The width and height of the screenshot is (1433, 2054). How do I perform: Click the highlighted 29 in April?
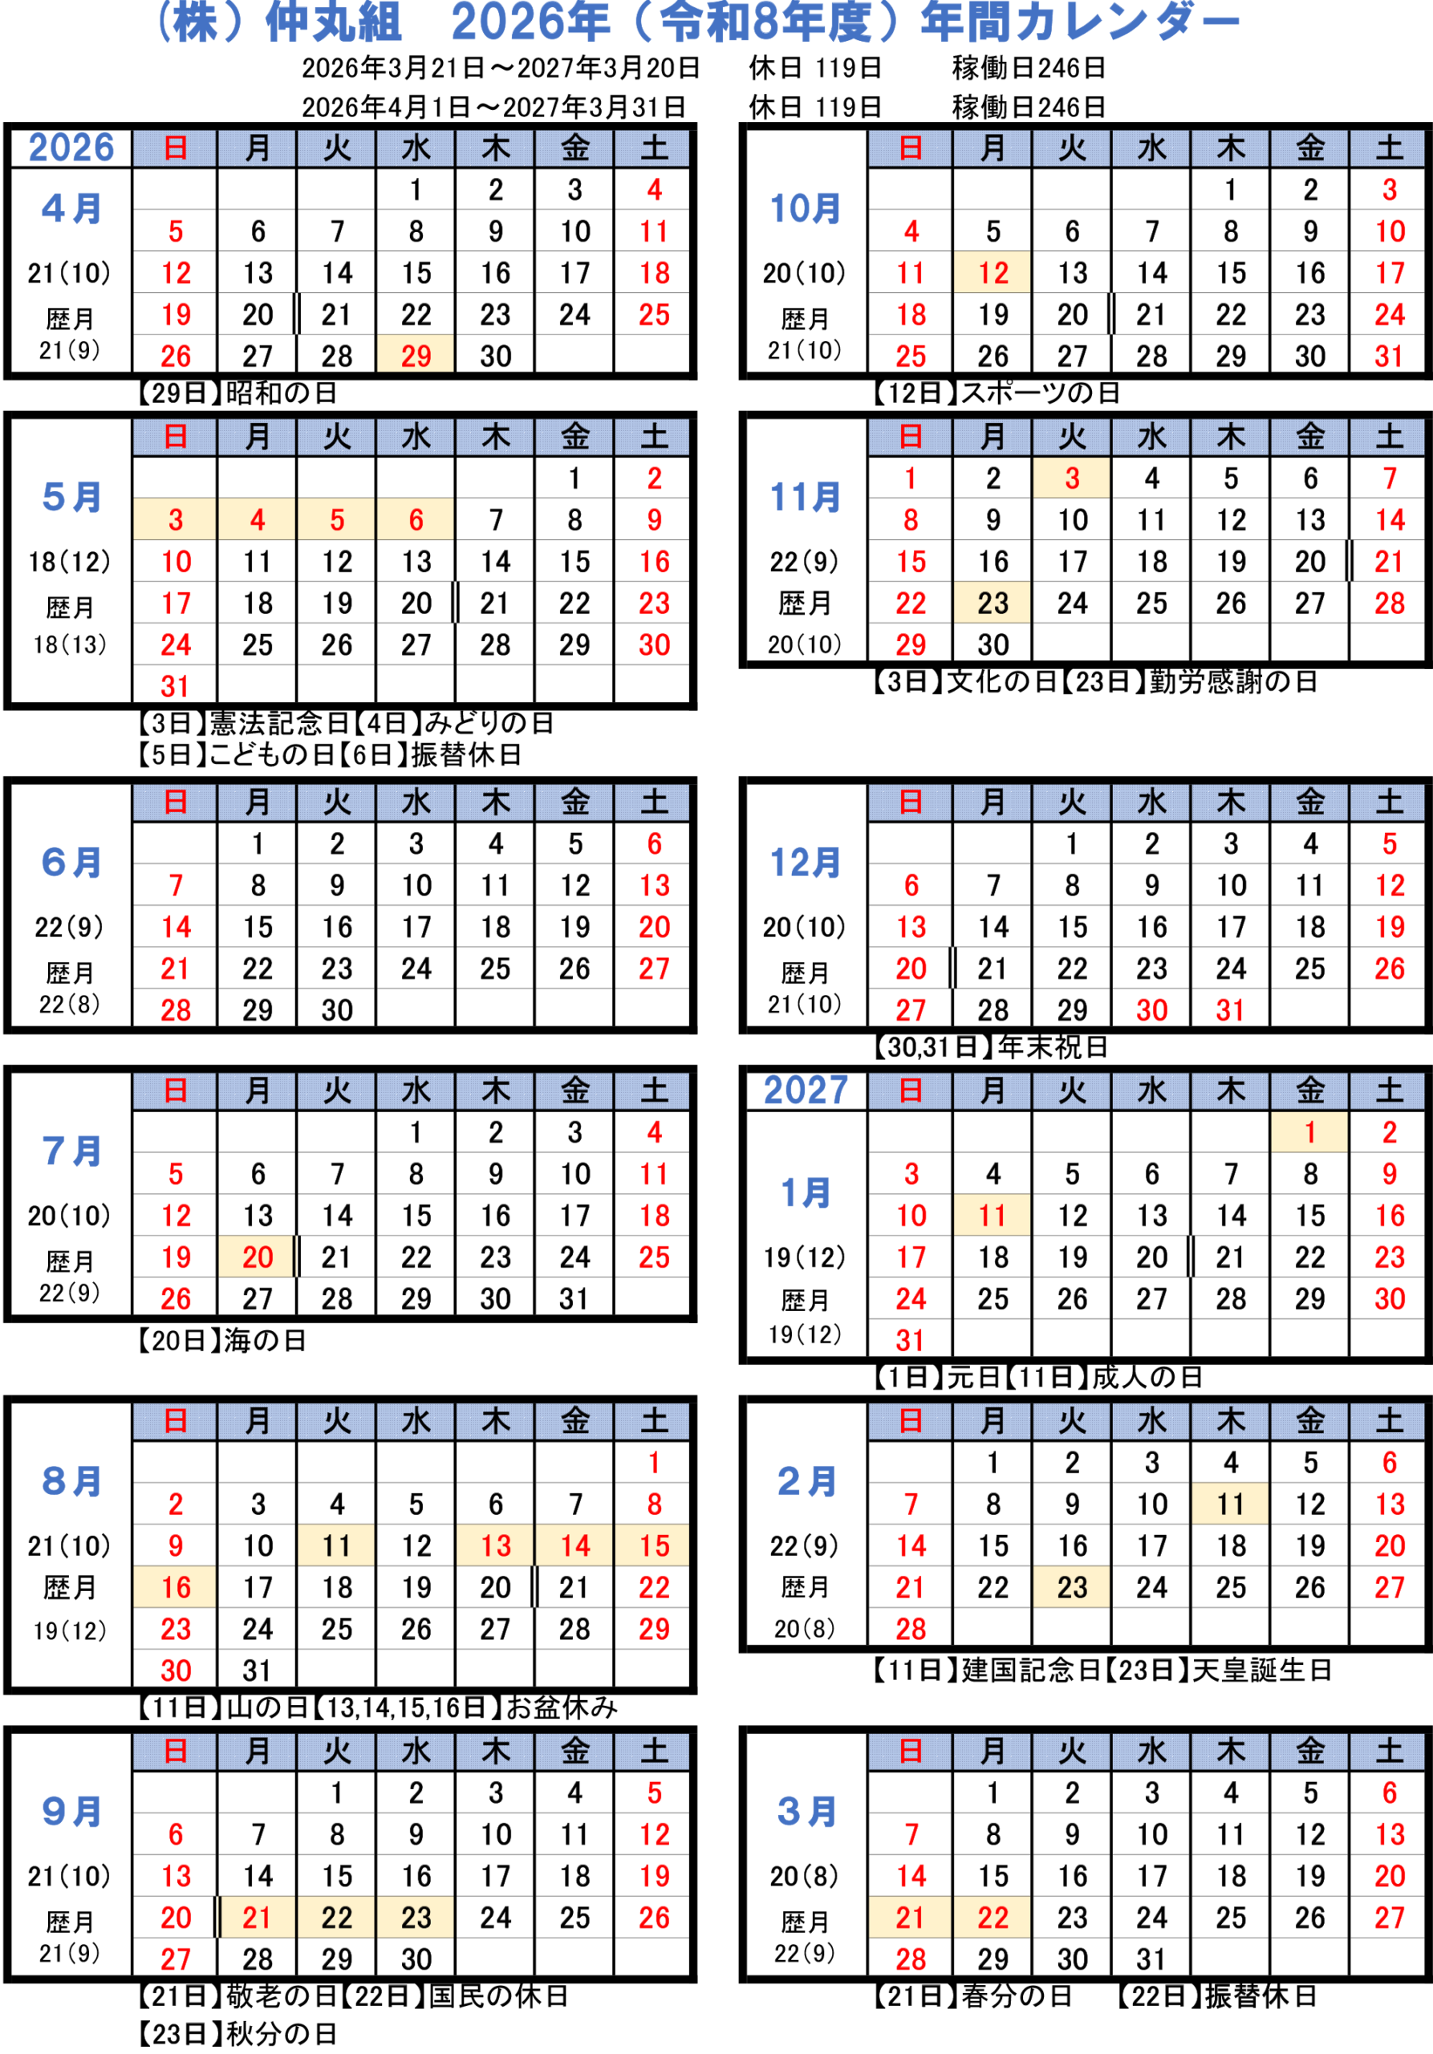pyautogui.click(x=415, y=355)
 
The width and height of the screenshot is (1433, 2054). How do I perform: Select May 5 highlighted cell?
pyautogui.click(x=336, y=520)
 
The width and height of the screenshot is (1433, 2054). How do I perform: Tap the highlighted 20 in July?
pyautogui.click(x=258, y=1257)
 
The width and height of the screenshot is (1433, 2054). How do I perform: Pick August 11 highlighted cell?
pyautogui.click(x=336, y=1545)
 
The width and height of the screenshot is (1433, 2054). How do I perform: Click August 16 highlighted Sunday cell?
pyautogui.click(x=176, y=1587)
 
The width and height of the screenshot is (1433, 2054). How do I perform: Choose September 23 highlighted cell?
pyautogui.click(x=415, y=1917)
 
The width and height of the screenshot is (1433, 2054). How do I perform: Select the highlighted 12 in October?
pyautogui.click(x=992, y=273)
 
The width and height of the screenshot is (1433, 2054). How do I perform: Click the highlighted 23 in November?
pyautogui.click(x=992, y=603)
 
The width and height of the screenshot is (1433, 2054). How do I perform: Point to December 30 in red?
pyautogui.click(x=1151, y=1010)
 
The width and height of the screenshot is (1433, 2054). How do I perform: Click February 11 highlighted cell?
pyautogui.click(x=1230, y=1504)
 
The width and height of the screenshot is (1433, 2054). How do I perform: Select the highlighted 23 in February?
pyautogui.click(x=1072, y=1587)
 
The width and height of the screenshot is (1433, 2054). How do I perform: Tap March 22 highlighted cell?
pyautogui.click(x=992, y=1917)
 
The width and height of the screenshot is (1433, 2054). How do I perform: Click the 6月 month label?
pyautogui.click(x=71, y=863)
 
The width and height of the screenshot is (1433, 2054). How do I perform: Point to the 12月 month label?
pyautogui.click(x=805, y=863)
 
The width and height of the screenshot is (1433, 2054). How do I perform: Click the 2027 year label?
pyautogui.click(x=805, y=1090)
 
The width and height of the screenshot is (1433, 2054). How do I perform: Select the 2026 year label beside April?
pyautogui.click(x=71, y=148)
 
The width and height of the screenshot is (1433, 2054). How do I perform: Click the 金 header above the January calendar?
pyautogui.click(x=1309, y=1090)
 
